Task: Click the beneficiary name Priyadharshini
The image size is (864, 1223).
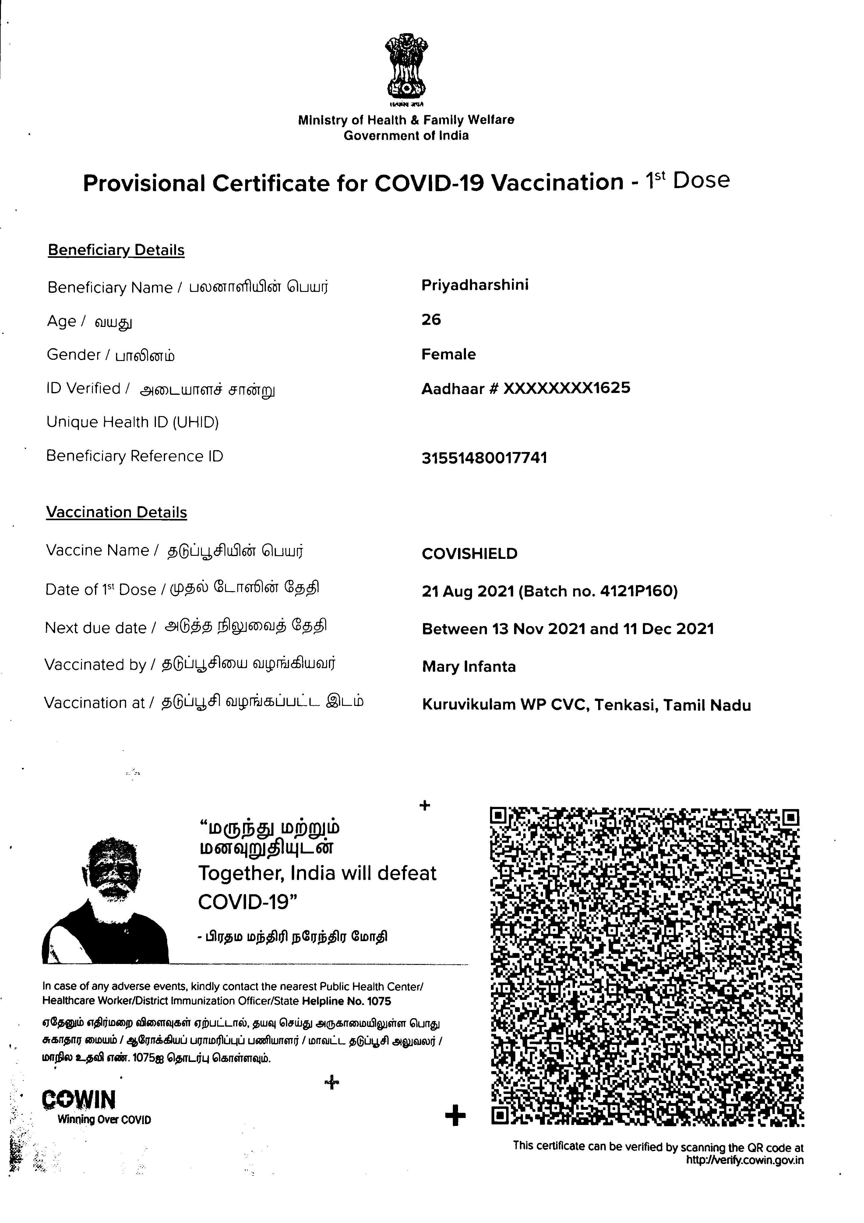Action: point(474,285)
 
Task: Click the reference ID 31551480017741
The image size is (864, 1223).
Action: point(484,458)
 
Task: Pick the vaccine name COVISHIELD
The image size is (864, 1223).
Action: point(469,554)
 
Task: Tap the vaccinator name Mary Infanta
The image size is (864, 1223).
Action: point(468,667)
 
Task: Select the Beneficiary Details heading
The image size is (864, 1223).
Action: point(116,250)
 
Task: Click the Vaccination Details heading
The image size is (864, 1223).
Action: point(116,513)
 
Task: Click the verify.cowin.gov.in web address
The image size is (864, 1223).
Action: point(745,1161)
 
